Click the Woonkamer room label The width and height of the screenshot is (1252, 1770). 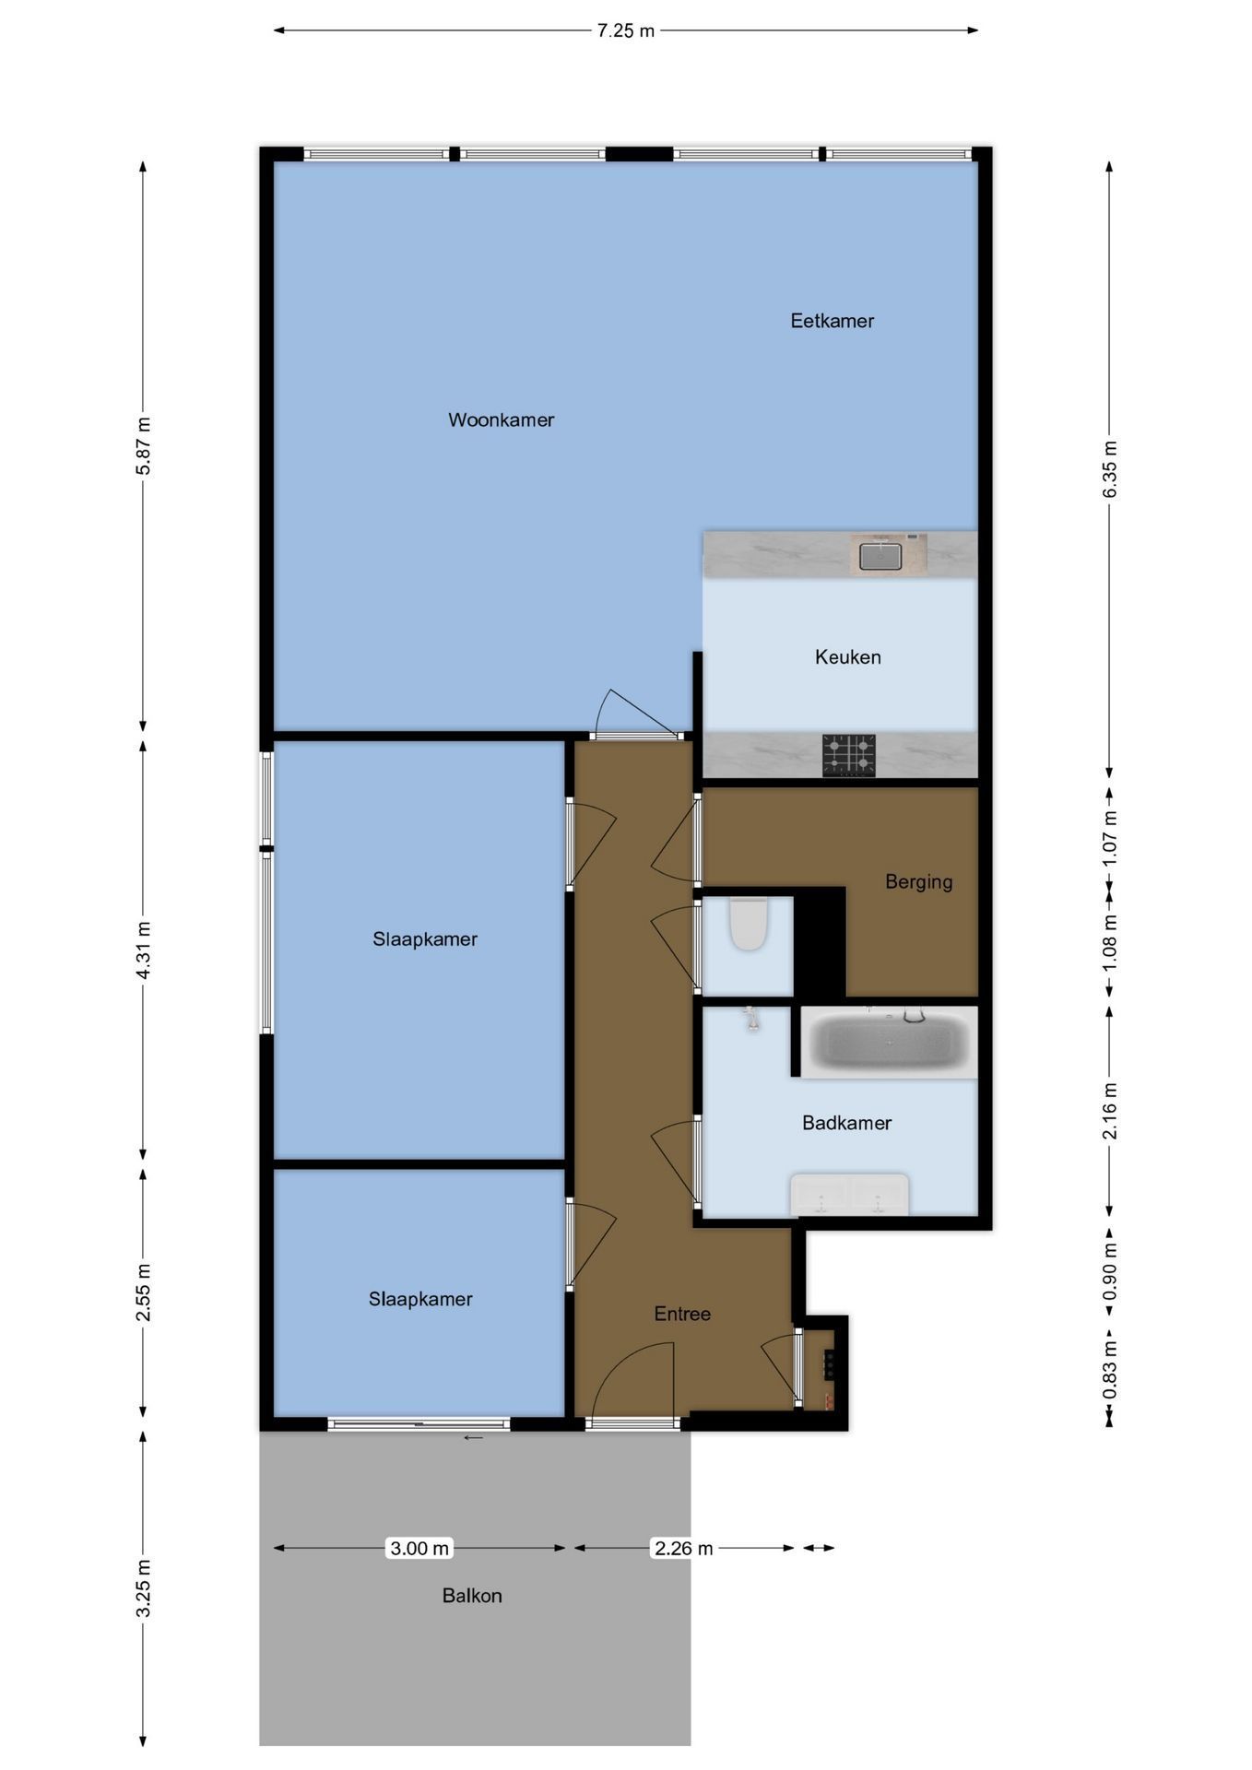tap(501, 420)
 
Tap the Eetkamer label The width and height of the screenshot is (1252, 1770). tap(832, 321)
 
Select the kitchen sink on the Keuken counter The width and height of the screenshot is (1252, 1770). tap(880, 556)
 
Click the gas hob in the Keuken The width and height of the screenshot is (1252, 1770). tap(849, 756)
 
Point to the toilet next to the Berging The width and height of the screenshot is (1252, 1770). tap(749, 923)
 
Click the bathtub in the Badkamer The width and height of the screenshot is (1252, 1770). tap(889, 1042)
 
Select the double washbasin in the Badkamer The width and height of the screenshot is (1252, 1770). tap(849, 1195)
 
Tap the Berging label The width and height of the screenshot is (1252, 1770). tap(918, 882)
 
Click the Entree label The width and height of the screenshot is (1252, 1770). tap(682, 1314)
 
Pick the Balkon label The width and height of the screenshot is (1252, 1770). tap(472, 1596)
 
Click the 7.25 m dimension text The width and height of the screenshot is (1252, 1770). tap(626, 30)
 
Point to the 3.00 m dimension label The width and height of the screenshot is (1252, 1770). tap(419, 1548)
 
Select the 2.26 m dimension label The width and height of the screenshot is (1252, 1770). tap(683, 1548)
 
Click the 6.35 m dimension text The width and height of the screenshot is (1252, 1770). tap(1110, 469)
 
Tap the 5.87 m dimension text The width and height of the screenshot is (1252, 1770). tap(143, 446)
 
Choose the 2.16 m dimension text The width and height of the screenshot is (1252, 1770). tap(1110, 1110)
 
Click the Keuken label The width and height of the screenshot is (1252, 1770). tap(847, 657)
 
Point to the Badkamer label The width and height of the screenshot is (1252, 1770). tap(846, 1123)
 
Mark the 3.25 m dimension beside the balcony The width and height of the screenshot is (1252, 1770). tap(143, 1587)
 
